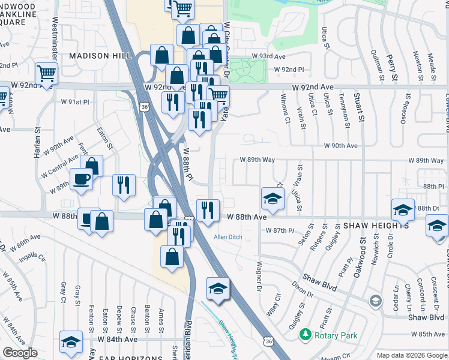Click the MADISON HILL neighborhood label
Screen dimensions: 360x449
[100, 55]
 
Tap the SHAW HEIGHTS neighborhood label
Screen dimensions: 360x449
[377, 226]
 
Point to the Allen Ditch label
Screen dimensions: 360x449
[228, 237]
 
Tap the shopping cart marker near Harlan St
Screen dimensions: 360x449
[46, 74]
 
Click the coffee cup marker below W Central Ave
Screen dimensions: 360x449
[82, 179]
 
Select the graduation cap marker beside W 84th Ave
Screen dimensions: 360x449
[71, 342]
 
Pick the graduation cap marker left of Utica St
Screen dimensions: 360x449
[273, 198]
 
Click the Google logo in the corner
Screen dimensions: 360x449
[20, 353]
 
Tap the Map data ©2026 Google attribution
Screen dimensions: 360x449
[411, 355]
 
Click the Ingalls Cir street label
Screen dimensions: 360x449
[33, 257]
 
